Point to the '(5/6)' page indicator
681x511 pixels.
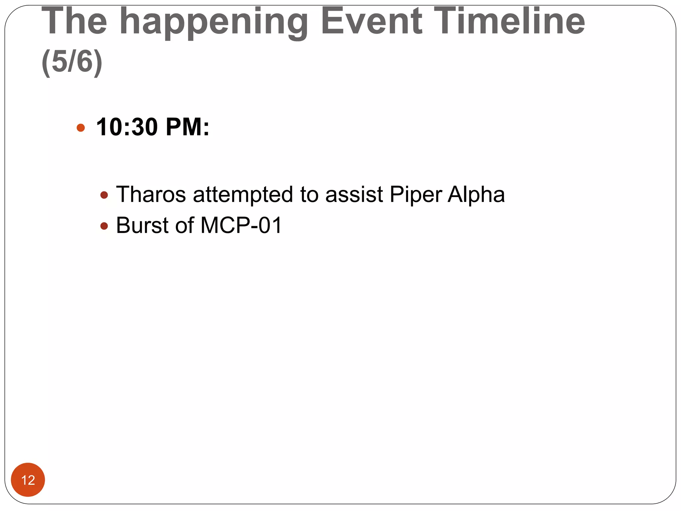point(72,62)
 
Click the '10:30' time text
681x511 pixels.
point(127,127)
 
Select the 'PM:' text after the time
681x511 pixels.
point(188,127)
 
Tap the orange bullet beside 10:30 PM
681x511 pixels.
point(80,128)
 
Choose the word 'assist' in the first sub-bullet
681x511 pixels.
point(354,194)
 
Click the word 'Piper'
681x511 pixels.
point(416,195)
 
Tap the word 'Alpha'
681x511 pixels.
point(476,194)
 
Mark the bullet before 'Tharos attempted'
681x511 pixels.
point(104,195)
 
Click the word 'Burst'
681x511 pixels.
point(142,226)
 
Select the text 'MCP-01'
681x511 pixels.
point(241,226)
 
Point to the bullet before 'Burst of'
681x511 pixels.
point(104,226)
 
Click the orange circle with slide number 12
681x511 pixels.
point(28,480)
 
